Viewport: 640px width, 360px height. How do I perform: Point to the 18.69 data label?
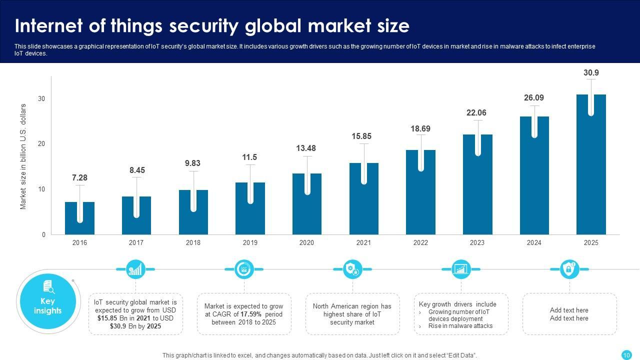click(x=420, y=129)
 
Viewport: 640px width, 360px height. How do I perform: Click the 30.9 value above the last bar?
click(x=591, y=73)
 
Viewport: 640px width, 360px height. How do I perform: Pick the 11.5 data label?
click(x=250, y=157)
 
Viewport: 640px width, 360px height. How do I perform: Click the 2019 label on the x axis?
click(x=250, y=242)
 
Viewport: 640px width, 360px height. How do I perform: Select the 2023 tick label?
click(x=477, y=242)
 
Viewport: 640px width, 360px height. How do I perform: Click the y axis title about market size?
click(x=23, y=156)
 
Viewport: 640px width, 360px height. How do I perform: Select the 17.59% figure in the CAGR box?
click(x=251, y=314)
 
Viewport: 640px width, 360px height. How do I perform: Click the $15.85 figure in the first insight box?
click(x=107, y=318)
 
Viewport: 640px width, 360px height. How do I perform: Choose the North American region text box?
click(x=352, y=314)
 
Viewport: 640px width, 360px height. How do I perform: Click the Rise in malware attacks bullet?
click(x=460, y=326)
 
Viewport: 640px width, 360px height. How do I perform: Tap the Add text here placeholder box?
click(x=569, y=314)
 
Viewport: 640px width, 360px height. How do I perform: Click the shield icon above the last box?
click(x=569, y=269)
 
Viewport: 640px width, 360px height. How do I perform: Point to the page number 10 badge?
click(x=626, y=355)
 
